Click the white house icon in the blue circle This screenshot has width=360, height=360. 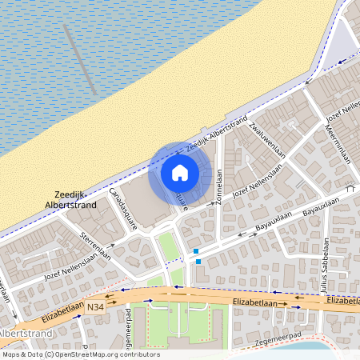pos(180,172)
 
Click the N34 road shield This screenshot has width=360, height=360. pos(96,306)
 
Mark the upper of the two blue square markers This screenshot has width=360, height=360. pos(196,251)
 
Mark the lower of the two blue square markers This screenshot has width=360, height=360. pos(196,262)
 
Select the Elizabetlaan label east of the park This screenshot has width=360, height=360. pos(254,302)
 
